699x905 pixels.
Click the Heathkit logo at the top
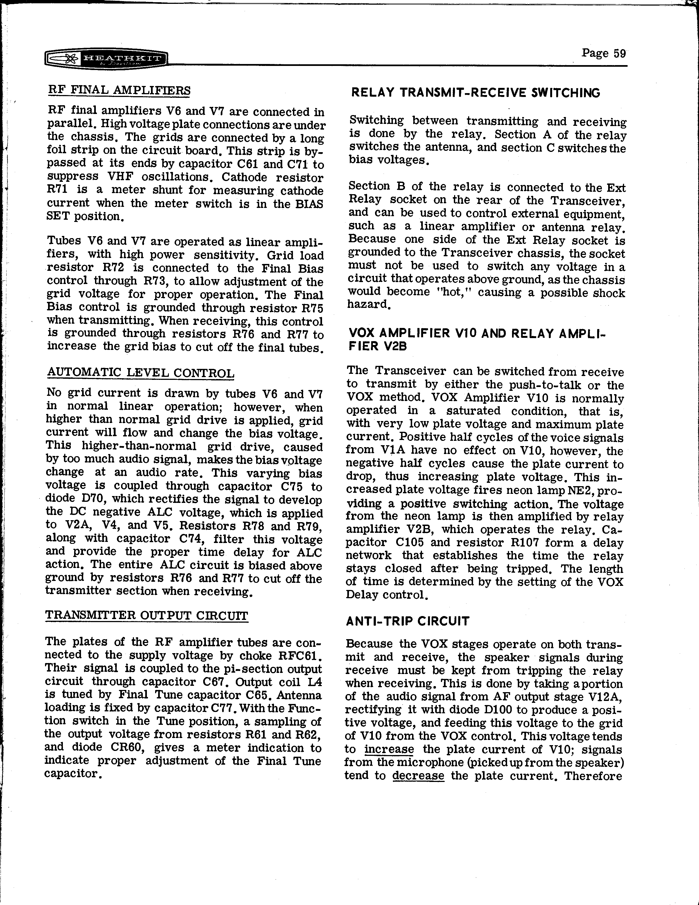click(x=106, y=60)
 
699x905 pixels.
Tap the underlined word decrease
click(x=418, y=775)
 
